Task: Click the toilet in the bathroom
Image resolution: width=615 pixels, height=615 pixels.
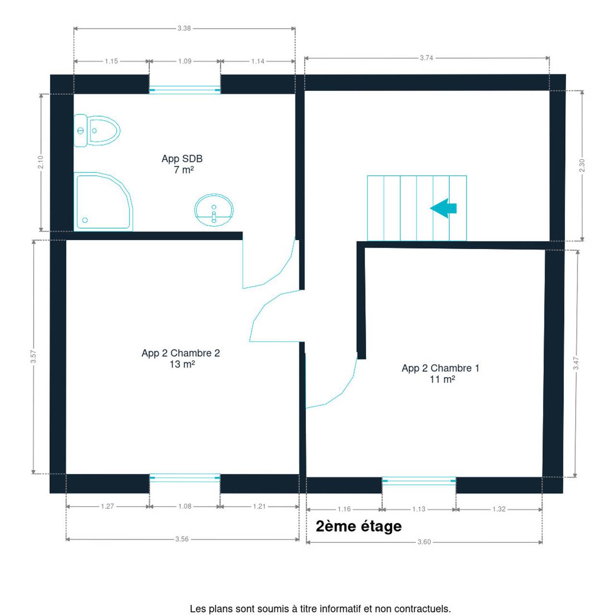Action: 97,131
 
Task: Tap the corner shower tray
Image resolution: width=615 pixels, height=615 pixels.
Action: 103,201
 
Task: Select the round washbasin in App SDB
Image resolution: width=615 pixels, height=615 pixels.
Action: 214,209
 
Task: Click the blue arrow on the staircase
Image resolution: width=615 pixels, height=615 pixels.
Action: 443,208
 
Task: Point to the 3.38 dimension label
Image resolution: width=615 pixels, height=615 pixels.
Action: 184,28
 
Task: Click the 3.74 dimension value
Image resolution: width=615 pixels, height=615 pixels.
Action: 426,58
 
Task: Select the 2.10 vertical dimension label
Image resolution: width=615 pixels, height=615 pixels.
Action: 40,162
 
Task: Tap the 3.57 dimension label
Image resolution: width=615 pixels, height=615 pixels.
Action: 33,357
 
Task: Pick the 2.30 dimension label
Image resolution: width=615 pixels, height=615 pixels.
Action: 582,165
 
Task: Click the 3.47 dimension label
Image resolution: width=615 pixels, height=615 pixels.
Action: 576,363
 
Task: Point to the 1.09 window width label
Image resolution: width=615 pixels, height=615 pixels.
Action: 185,61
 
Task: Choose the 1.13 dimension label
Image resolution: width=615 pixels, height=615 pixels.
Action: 418,509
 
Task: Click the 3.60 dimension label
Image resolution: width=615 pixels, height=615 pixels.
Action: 424,542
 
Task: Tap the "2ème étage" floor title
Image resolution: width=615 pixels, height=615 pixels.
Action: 359,526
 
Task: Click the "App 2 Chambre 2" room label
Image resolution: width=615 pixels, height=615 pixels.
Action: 181,353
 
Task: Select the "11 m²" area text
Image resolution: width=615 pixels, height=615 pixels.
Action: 442,380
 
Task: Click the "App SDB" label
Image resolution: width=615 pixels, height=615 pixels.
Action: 182,159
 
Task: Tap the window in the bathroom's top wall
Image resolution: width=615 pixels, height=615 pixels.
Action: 185,90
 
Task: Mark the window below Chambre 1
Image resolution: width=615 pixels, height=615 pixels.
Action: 419,480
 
